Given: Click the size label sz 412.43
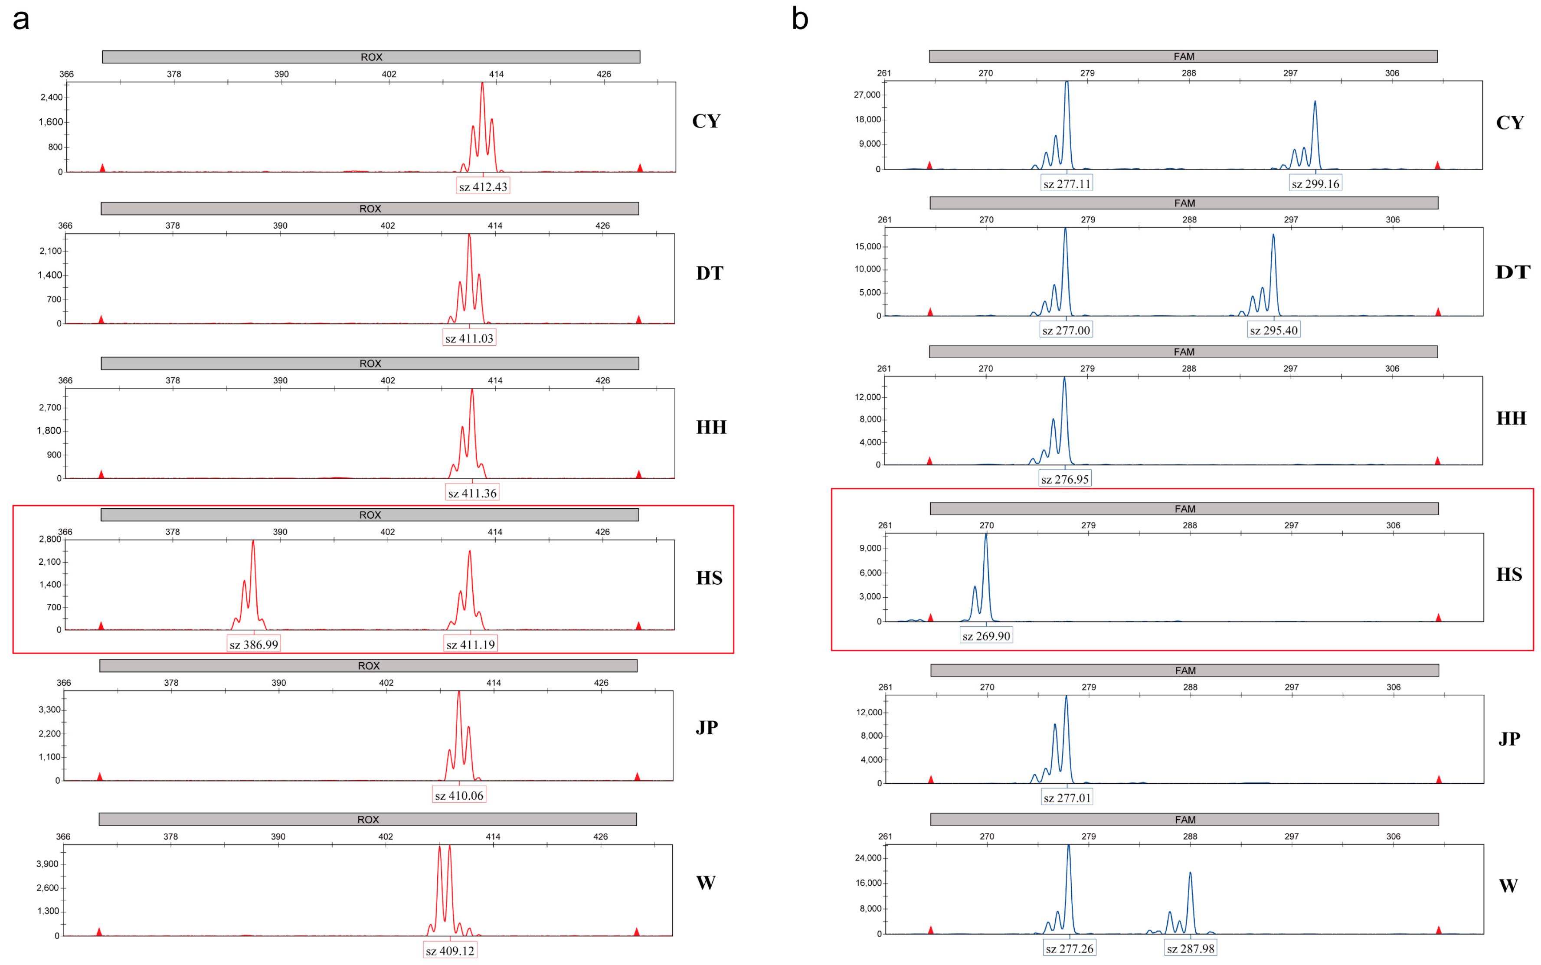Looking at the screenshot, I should pyautogui.click(x=483, y=187).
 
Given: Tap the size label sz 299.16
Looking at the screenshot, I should pyautogui.click(x=1315, y=184).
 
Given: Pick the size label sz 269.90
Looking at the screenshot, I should pyautogui.click(x=986, y=636).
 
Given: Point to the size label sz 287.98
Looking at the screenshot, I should pyautogui.click(x=1190, y=949).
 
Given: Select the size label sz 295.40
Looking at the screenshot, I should pyautogui.click(x=1273, y=330).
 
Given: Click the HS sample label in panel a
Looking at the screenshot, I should pyautogui.click(x=709, y=578).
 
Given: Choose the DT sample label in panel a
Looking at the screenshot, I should pyautogui.click(x=709, y=273).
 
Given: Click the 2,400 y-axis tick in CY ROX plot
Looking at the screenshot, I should pyautogui.click(x=51, y=97).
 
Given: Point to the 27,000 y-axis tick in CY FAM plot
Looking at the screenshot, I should pyautogui.click(x=867, y=95).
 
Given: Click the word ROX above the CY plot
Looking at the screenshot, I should pyautogui.click(x=371, y=57).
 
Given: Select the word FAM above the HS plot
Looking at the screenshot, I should pyautogui.click(x=1184, y=509).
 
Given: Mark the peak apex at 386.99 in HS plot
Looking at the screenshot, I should pyautogui.click(x=253, y=542).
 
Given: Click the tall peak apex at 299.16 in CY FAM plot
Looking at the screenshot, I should pyautogui.click(x=1315, y=101).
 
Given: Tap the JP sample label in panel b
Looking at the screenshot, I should pyautogui.click(x=1508, y=739).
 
